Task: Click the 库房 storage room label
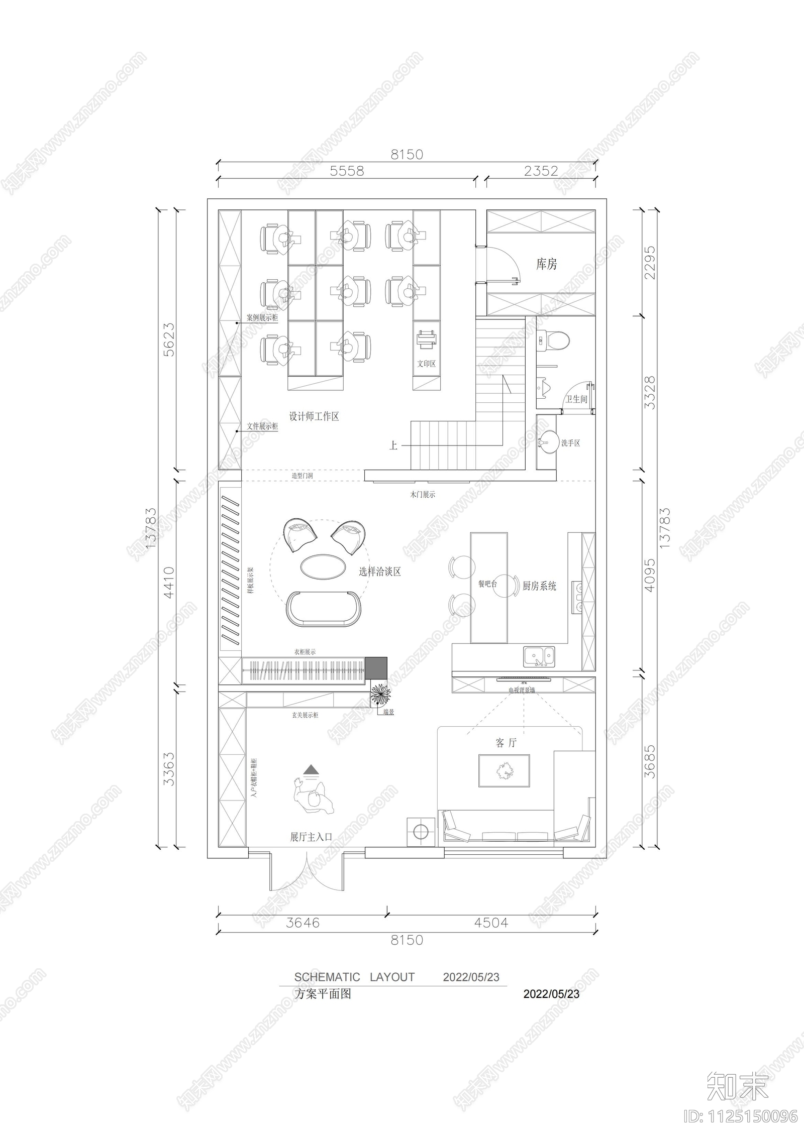pos(546,264)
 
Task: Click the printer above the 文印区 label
pos(426,338)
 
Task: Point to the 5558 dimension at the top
pos(347,171)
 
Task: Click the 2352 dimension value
pos(541,171)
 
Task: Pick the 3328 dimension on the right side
pos(650,392)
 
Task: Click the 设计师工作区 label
pos(314,416)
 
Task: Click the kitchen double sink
pos(539,656)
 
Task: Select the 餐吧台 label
pos(487,584)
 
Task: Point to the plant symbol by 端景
pos(380,695)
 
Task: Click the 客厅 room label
pos(506,743)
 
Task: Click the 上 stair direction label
pos(393,445)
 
